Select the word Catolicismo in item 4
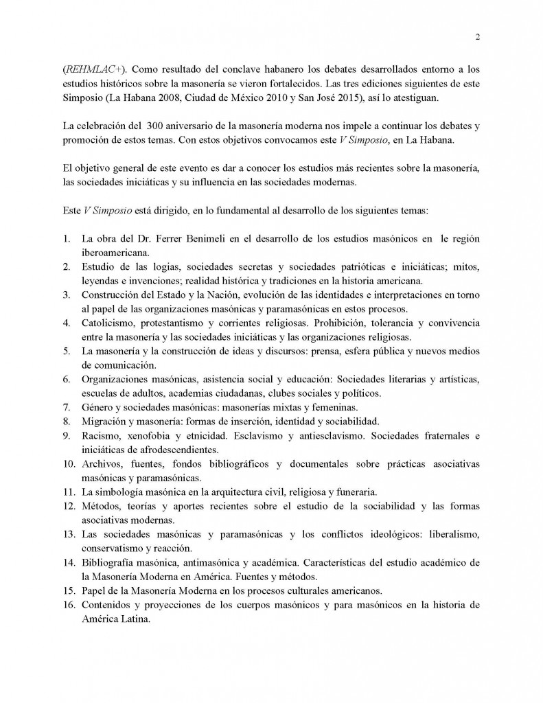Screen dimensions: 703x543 pos(110,323)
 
